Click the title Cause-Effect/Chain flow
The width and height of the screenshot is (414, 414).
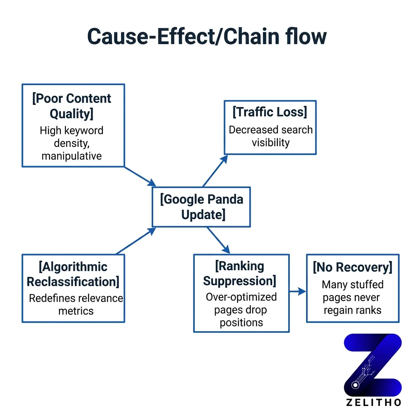click(x=207, y=37)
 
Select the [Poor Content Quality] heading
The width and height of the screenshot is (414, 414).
click(x=72, y=106)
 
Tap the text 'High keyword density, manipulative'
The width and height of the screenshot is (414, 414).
click(x=72, y=143)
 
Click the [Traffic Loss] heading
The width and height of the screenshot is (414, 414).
click(x=270, y=112)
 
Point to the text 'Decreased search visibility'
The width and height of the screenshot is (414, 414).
click(x=270, y=136)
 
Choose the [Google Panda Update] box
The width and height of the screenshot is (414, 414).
click(x=201, y=207)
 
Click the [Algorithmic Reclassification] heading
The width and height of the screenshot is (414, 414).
click(x=73, y=274)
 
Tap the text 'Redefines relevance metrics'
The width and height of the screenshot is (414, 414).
click(x=76, y=304)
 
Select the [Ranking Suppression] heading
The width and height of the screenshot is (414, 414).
click(x=240, y=273)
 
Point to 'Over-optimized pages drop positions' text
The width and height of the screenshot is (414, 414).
click(x=241, y=309)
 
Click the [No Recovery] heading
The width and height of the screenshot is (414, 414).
click(x=353, y=267)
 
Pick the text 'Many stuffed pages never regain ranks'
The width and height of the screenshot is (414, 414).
click(x=353, y=297)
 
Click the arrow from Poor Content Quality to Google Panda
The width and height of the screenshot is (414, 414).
click(x=140, y=176)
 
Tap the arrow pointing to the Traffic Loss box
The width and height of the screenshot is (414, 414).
click(x=215, y=170)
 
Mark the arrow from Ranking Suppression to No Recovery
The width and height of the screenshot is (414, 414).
click(x=298, y=291)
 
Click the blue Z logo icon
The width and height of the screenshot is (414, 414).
click(x=373, y=365)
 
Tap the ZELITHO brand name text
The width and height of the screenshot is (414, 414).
click(x=374, y=402)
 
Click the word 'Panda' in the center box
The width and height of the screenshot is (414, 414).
click(x=228, y=200)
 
